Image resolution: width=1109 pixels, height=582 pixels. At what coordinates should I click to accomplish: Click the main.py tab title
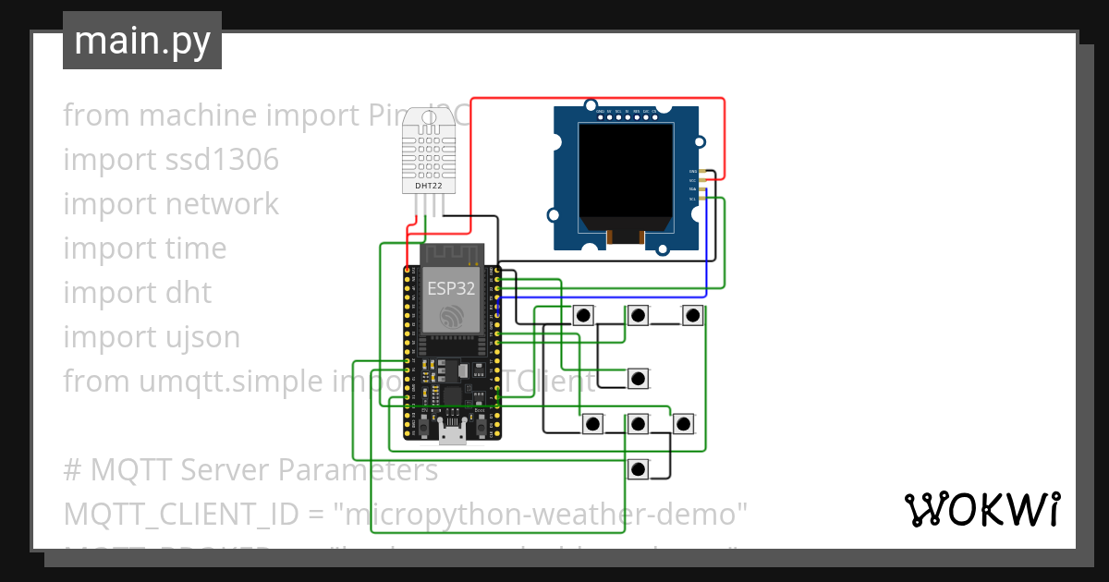coord(141,41)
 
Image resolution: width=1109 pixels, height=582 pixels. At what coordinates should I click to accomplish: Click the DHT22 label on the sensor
coord(428,186)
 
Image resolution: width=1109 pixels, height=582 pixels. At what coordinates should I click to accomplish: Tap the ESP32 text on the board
coord(451,288)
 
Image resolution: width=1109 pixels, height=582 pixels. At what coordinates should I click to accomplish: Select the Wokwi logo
coord(981,509)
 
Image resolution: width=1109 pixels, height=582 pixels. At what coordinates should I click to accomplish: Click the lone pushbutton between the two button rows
coord(638,378)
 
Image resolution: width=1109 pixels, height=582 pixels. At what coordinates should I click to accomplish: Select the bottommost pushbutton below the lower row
coord(638,468)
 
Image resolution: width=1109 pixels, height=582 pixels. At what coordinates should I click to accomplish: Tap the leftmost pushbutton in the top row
coord(583,316)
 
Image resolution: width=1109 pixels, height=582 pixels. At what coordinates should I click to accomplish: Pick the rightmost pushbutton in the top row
coord(692,316)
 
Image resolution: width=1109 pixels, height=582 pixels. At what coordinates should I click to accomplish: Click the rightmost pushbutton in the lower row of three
coord(683,424)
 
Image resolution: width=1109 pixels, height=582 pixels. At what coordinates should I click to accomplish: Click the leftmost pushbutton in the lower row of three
coord(592,424)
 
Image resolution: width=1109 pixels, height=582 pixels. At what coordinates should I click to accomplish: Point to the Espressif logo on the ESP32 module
coord(451,316)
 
